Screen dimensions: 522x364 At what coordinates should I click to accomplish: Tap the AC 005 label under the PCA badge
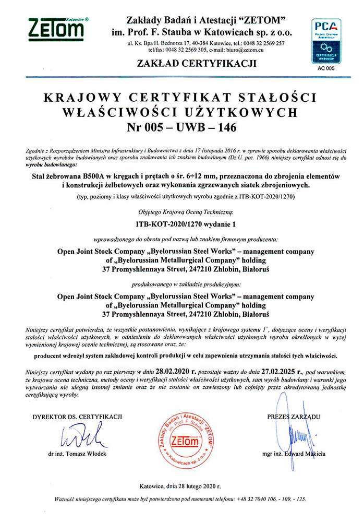coord(326,68)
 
